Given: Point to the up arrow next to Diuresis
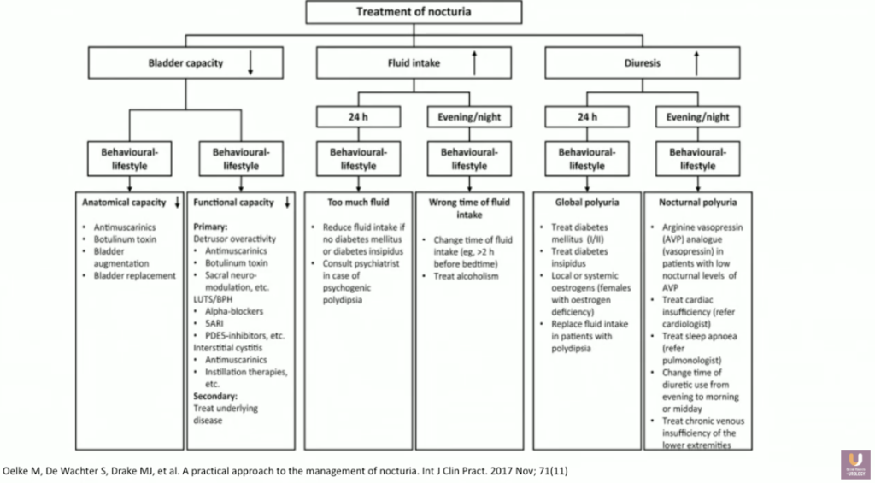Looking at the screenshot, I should pos(696,62).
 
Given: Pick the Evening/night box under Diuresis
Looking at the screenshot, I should pos(697,116).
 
